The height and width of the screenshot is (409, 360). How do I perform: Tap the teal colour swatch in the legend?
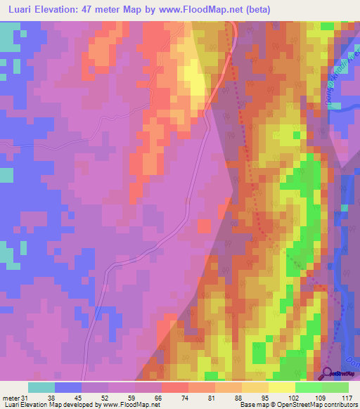point(41,387)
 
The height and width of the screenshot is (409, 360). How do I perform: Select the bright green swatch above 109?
point(308,387)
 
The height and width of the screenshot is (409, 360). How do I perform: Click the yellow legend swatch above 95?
point(255,387)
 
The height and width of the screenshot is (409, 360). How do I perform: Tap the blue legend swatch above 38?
point(68,387)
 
